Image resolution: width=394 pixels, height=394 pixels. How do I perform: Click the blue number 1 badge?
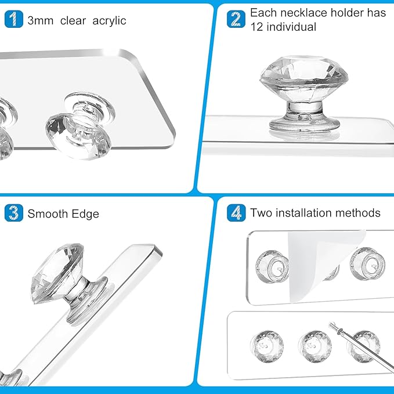click(14, 19)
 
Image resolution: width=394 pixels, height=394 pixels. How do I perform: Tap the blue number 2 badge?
click(236, 19)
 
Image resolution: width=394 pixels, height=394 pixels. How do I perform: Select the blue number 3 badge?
click(14, 213)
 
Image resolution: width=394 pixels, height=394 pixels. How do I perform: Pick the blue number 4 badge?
click(236, 213)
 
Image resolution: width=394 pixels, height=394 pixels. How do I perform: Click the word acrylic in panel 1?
click(109, 21)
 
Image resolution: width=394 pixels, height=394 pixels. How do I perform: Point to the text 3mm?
click(41, 21)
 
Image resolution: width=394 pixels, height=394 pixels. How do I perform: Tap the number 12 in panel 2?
click(257, 27)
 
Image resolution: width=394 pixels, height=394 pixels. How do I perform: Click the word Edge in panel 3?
click(85, 214)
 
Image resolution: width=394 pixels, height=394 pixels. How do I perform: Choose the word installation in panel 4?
click(304, 213)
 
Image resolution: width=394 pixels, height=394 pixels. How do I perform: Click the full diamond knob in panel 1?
click(81, 126)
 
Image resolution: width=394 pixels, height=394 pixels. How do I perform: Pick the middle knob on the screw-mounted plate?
click(315, 346)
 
